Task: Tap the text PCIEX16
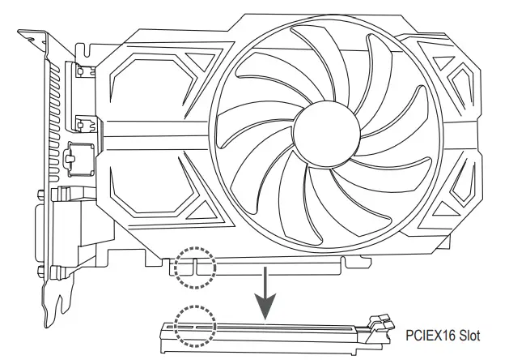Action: (x=421, y=333)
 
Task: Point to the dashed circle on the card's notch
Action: (x=195, y=268)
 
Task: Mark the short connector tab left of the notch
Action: (x=185, y=265)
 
